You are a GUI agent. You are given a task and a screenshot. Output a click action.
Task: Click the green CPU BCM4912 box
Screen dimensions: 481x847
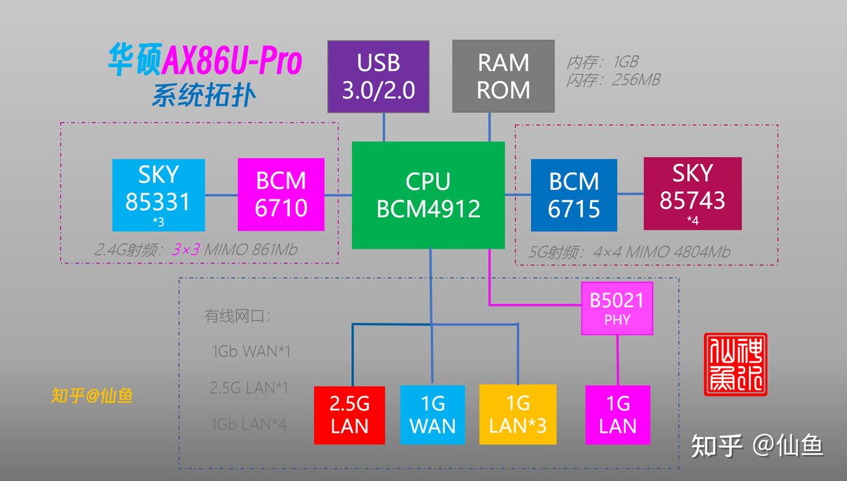pyautogui.click(x=428, y=195)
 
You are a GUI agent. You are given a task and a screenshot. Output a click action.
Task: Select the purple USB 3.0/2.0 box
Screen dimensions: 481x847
pyautogui.click(x=378, y=76)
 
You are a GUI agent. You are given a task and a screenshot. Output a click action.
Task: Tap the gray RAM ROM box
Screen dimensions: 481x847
pyautogui.click(x=503, y=76)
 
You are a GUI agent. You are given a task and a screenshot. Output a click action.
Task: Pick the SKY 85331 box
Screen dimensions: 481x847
pyautogui.click(x=158, y=195)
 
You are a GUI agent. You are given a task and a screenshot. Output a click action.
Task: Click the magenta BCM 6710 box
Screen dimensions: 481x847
pyautogui.click(x=281, y=195)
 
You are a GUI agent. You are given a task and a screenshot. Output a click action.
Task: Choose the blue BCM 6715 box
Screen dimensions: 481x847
pyautogui.click(x=573, y=195)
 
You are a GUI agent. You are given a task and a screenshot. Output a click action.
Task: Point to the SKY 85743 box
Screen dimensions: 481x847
pyautogui.click(x=692, y=193)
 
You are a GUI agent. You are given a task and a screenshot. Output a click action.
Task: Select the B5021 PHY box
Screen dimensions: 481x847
pyautogui.click(x=617, y=309)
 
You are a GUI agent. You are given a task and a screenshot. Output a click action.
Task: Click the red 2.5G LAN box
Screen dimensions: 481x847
pyautogui.click(x=349, y=415)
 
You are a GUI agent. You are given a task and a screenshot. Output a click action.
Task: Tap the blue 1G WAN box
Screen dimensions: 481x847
pyautogui.click(x=432, y=415)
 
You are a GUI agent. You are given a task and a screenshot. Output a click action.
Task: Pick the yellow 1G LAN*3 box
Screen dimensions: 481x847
pyautogui.click(x=518, y=415)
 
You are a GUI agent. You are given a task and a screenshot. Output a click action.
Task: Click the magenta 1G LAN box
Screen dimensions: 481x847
pyautogui.click(x=618, y=415)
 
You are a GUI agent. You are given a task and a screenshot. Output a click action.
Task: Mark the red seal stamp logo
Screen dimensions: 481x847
pyautogui.click(x=736, y=364)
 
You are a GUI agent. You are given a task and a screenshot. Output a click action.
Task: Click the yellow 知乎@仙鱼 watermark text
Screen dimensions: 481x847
pyautogui.click(x=92, y=396)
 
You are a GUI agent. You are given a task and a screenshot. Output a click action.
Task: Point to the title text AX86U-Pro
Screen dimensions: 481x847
pyautogui.click(x=232, y=61)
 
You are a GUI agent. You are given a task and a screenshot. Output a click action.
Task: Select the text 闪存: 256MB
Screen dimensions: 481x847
pyautogui.click(x=613, y=79)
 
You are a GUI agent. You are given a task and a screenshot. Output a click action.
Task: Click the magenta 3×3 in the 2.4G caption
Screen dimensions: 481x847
pyautogui.click(x=186, y=249)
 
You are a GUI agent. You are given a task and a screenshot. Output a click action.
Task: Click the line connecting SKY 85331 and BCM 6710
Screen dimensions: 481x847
pyautogui.click(x=221, y=195)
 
